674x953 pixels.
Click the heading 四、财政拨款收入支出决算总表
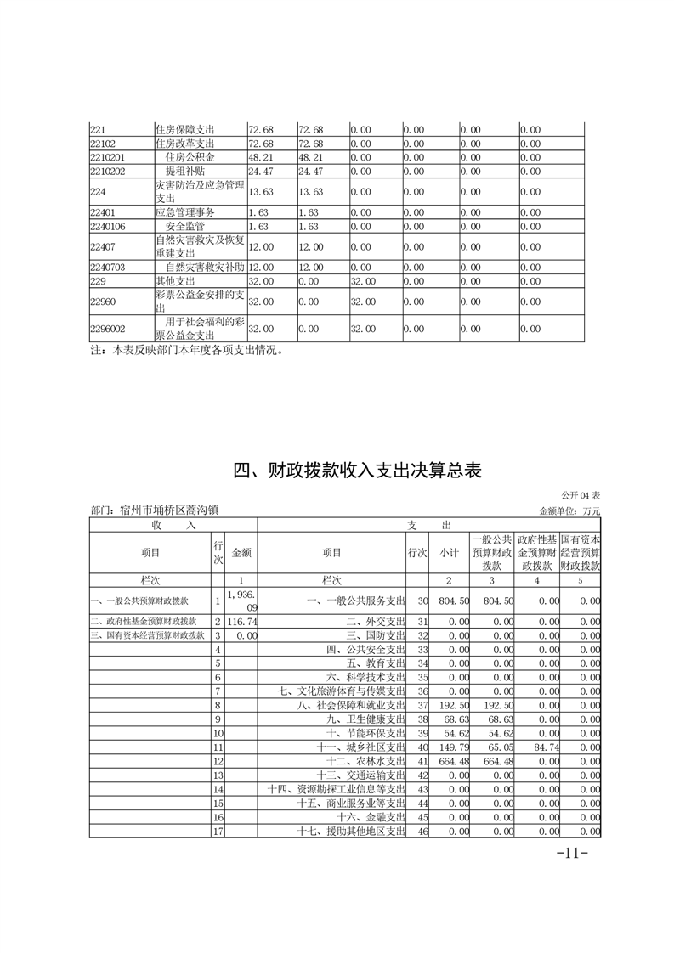pos(358,470)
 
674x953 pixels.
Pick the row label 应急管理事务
pos(184,212)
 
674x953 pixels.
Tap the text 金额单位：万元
pos(569,511)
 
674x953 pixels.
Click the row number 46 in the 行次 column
pos(417,830)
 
